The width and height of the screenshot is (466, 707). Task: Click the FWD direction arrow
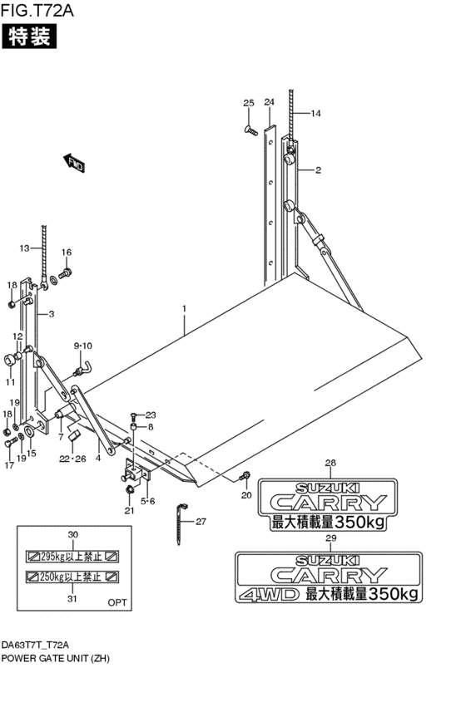(75, 163)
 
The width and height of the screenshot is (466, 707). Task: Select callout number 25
(248, 102)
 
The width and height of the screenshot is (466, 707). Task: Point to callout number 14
(316, 113)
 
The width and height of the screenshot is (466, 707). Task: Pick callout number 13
(24, 248)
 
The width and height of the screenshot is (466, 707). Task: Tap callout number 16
(67, 253)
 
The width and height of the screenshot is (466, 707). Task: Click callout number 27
(201, 522)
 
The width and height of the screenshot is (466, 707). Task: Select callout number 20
(245, 495)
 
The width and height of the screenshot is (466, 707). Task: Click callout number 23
(151, 415)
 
